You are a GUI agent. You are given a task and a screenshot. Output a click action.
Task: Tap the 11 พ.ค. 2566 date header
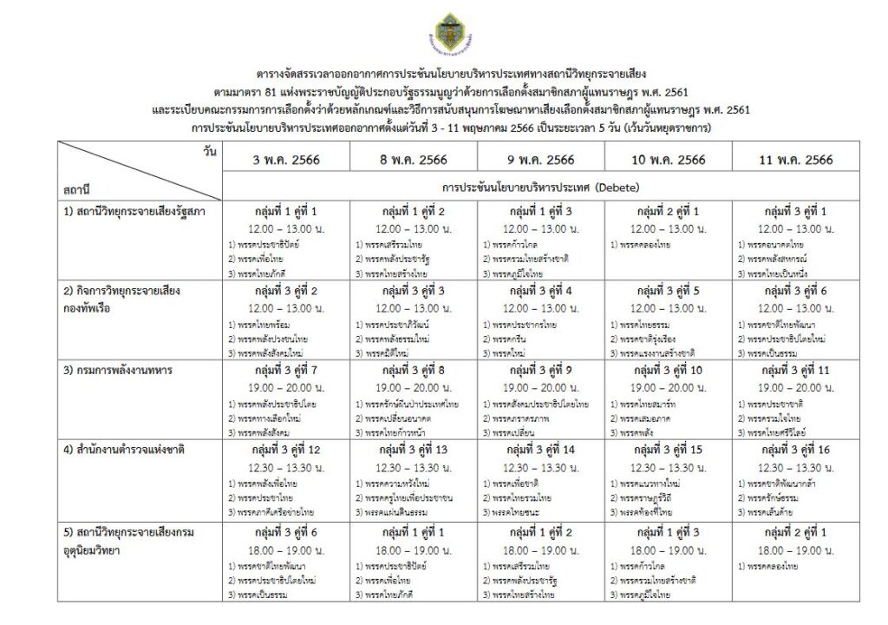coord(796,160)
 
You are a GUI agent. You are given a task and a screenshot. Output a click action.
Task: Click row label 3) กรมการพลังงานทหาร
coord(117,371)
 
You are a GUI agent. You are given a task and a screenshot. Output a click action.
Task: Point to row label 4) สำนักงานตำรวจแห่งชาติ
coord(124,450)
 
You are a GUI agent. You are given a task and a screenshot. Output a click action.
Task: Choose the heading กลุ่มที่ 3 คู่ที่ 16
coord(796,451)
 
